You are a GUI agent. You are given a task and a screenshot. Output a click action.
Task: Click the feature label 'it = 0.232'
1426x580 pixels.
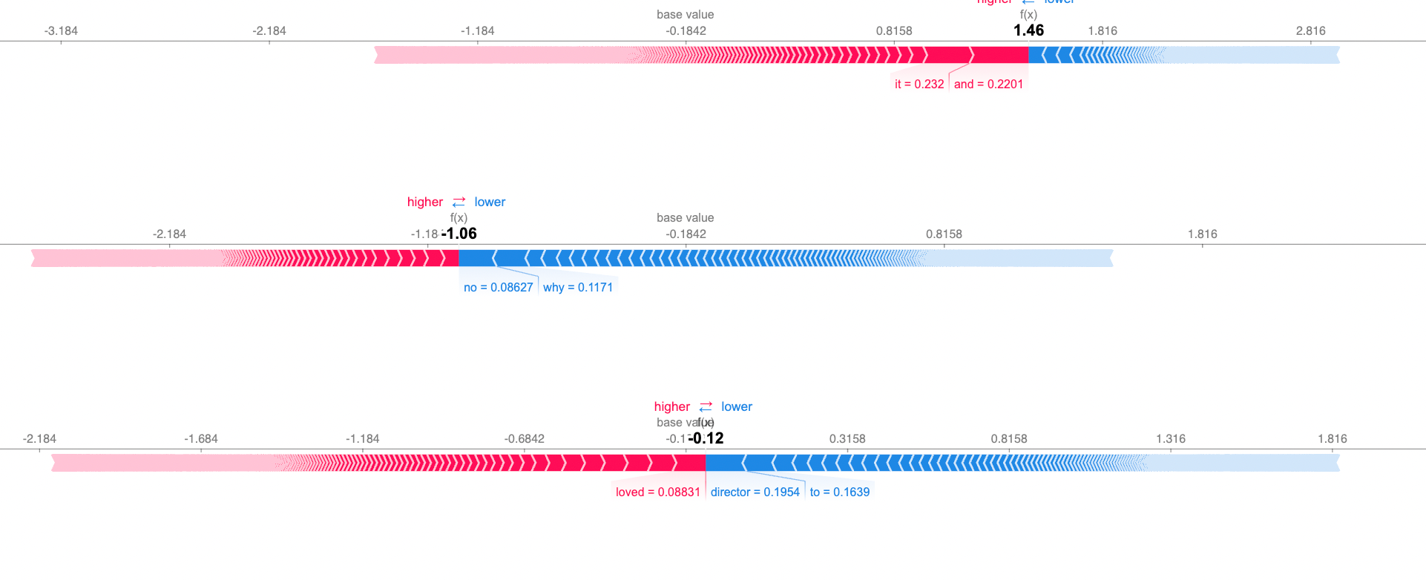(x=919, y=85)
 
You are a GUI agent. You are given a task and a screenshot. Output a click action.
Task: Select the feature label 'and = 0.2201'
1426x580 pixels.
(x=988, y=85)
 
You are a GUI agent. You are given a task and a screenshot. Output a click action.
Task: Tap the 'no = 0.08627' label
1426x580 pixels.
(x=498, y=288)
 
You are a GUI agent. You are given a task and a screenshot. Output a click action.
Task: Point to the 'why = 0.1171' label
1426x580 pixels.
(x=578, y=288)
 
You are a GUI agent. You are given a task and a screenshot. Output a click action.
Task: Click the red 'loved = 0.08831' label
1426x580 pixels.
(x=657, y=492)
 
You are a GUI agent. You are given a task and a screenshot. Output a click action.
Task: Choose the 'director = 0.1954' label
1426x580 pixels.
(x=755, y=492)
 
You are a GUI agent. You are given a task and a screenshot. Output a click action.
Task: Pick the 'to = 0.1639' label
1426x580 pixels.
(x=839, y=492)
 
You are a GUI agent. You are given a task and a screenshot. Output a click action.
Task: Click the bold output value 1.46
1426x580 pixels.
(x=1028, y=30)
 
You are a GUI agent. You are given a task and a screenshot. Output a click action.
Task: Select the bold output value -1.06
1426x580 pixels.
(x=459, y=234)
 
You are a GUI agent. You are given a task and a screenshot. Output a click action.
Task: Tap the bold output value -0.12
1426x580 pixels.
(x=706, y=438)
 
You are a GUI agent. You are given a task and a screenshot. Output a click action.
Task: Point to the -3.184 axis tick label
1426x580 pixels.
(x=61, y=31)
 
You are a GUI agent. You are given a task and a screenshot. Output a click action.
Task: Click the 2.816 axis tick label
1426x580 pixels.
(x=1310, y=31)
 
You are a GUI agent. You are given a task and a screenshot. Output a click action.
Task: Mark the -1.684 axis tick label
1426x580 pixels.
(x=201, y=439)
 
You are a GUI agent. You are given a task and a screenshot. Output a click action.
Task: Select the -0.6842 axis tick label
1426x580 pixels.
(x=524, y=439)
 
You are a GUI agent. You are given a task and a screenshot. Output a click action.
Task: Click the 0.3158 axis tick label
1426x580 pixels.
(x=847, y=439)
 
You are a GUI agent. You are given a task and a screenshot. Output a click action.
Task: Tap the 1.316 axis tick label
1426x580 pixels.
(x=1170, y=439)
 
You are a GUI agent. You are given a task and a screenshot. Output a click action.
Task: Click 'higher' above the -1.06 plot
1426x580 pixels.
(x=424, y=202)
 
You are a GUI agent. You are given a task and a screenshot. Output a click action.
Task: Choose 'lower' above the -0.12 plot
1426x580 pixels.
(x=736, y=407)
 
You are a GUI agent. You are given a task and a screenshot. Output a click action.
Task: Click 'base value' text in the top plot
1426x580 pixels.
(x=685, y=15)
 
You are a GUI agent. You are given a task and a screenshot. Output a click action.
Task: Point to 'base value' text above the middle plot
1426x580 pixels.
(x=685, y=218)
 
